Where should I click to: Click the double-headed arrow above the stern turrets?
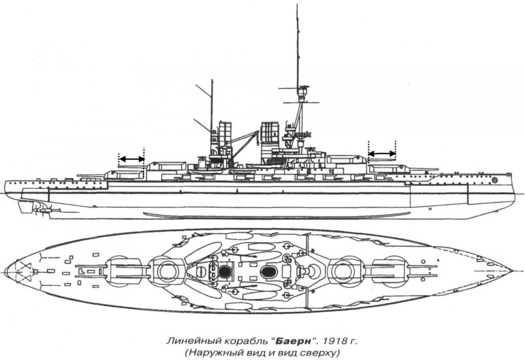tap(131, 158)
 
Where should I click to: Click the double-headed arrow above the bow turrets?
tap(382, 153)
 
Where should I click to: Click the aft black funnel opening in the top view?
tap(224, 270)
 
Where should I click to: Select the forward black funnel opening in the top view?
tap(267, 270)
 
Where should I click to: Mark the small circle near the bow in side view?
tap(495, 179)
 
